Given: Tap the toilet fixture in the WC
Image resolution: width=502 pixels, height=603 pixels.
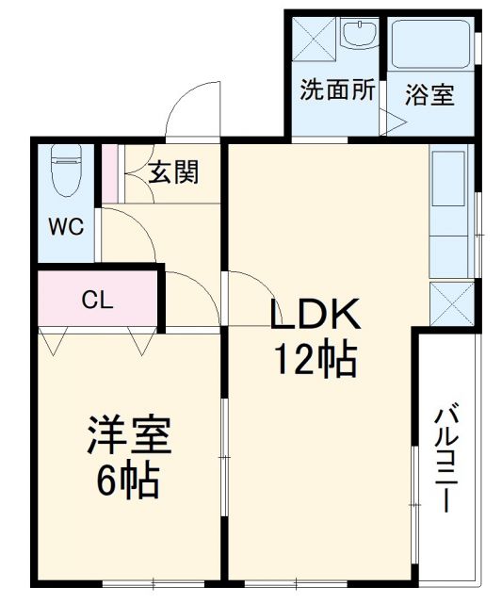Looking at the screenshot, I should click(x=67, y=171).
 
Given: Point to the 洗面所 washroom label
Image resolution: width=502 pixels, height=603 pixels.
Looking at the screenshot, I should click(x=337, y=90).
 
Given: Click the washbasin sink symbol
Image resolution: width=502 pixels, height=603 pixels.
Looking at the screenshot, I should click(x=358, y=37).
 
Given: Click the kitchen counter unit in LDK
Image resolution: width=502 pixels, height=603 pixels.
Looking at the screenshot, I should click(x=449, y=212).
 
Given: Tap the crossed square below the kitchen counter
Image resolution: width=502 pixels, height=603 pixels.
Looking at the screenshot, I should click(x=449, y=301).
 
